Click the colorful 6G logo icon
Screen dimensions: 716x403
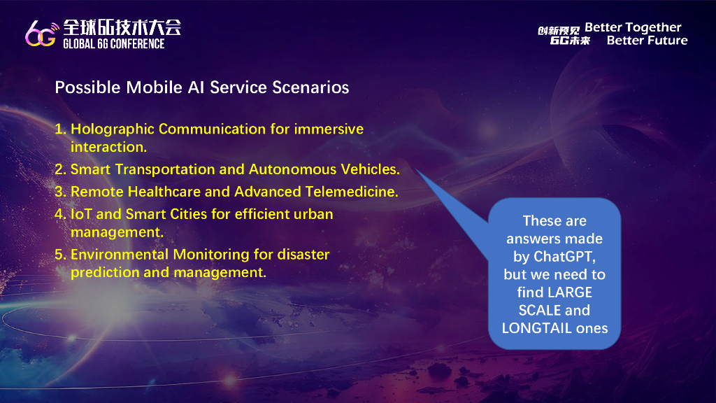pos(42,34)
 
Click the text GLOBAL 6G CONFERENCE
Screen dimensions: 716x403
pos(114,44)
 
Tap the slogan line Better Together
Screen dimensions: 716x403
pos(633,27)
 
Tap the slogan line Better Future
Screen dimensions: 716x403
pos(647,41)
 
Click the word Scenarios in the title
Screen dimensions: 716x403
pos(310,87)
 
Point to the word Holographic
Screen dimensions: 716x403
pos(113,129)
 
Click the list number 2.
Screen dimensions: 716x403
pos(60,169)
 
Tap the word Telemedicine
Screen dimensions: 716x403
pos(352,192)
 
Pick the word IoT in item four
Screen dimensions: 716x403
pos(81,214)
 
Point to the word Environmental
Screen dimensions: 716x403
pos(120,255)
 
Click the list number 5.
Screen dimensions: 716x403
pos(60,255)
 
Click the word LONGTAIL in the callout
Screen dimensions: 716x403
pos(530,328)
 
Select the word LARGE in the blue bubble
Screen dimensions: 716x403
pos(570,292)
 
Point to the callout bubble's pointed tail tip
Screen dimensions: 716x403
pos(415,169)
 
